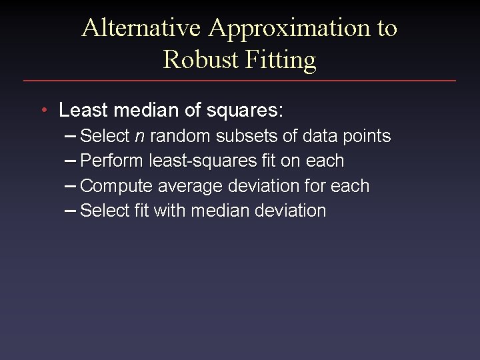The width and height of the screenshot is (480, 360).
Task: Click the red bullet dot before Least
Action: coord(43,109)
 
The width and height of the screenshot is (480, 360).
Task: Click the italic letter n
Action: coord(139,137)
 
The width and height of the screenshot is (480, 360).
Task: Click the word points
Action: coord(367,137)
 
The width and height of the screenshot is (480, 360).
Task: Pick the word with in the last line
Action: coord(171,211)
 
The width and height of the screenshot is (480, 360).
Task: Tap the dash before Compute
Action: coord(71,186)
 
